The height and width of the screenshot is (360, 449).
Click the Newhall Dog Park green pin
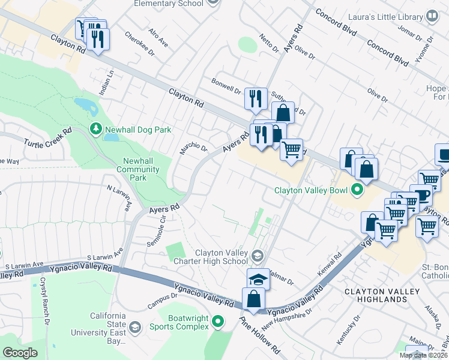(95, 129)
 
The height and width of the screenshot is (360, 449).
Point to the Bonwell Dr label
(226, 86)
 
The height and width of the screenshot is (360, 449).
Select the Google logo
(20, 353)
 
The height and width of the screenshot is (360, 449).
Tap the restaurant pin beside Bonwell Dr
(256, 98)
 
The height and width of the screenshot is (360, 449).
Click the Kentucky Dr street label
(348, 329)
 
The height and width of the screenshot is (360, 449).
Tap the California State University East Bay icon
(135, 327)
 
